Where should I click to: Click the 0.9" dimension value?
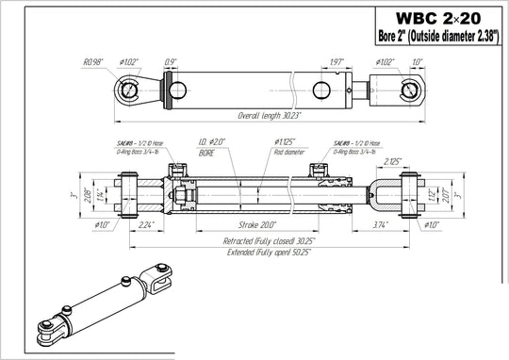[171, 62]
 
